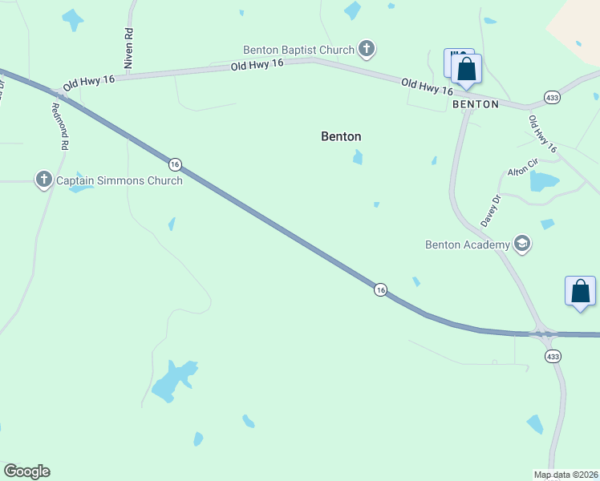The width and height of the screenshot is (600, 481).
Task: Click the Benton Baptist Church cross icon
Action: (367, 50)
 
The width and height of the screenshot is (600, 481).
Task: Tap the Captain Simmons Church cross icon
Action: (44, 180)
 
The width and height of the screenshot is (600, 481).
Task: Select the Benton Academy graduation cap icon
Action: (522, 245)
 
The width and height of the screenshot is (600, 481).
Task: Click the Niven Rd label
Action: (128, 46)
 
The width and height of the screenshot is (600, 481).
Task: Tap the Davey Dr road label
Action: (490, 210)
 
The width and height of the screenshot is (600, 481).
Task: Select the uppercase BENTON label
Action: (476, 104)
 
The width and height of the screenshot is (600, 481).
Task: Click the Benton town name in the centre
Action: (341, 136)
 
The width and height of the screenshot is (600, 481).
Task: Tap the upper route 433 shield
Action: (553, 97)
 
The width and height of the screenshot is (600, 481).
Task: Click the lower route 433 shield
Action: (553, 356)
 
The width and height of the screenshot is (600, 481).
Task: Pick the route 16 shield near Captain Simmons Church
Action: (175, 164)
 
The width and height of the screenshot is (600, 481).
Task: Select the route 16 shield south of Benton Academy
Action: (380, 289)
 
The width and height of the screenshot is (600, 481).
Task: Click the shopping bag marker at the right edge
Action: (580, 292)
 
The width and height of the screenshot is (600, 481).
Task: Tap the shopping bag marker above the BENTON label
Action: (467, 70)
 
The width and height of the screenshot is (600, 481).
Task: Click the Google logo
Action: (26, 471)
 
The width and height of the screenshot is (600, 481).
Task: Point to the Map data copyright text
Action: (566, 475)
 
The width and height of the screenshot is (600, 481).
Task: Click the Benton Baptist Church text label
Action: (299, 50)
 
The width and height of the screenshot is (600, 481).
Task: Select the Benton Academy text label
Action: (468, 245)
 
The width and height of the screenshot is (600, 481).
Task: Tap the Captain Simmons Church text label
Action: (119, 180)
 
